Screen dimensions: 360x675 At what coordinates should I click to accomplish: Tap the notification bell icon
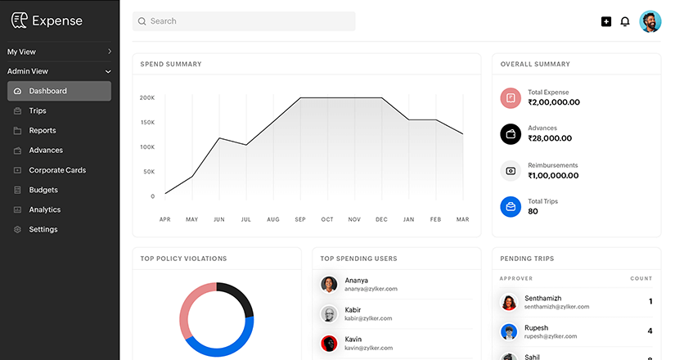625,21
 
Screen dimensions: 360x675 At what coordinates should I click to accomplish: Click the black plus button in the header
606,21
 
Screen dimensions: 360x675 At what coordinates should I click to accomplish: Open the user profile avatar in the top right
650,21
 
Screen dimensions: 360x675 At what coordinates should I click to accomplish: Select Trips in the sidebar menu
38,110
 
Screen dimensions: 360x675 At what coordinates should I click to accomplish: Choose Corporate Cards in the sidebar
57,170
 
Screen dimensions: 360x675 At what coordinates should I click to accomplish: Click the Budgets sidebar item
43,190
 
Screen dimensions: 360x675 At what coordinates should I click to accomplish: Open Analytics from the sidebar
45,209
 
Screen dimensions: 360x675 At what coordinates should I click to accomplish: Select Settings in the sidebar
43,229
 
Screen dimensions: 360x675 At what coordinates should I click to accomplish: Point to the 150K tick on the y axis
148,123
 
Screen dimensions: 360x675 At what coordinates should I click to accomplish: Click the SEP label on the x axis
300,219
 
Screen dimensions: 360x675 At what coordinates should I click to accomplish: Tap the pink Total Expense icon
511,98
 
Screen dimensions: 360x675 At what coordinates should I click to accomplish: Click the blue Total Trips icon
511,206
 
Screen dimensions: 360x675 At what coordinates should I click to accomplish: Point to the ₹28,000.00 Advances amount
551,138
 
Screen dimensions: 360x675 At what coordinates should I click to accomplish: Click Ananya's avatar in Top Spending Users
329,284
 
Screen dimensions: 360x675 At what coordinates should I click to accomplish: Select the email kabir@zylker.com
368,318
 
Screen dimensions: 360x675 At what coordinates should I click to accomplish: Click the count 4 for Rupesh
650,331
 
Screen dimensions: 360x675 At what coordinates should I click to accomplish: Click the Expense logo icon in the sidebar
19,20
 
